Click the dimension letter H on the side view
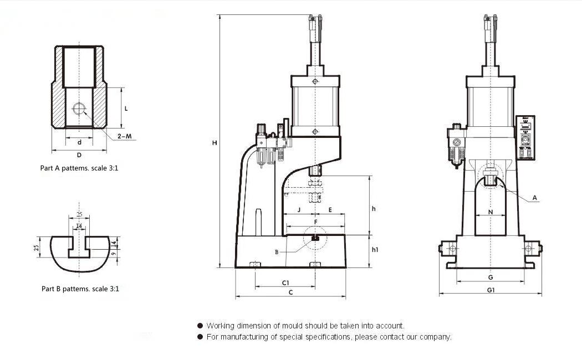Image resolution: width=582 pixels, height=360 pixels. pyautogui.click(x=215, y=143)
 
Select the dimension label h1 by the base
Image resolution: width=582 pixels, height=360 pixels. pyautogui.click(x=375, y=250)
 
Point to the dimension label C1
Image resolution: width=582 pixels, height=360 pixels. pyautogui.click(x=285, y=282)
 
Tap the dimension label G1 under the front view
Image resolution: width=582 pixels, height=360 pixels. pyautogui.click(x=491, y=290)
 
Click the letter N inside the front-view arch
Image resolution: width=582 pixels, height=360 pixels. pyautogui.click(x=491, y=212)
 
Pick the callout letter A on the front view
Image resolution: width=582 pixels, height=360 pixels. pyautogui.click(x=534, y=198)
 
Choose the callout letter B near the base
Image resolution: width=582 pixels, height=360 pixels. pyautogui.click(x=277, y=252)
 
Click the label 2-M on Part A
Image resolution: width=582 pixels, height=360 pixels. pyautogui.click(x=125, y=136)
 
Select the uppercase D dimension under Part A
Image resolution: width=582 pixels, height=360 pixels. pyautogui.click(x=79, y=155)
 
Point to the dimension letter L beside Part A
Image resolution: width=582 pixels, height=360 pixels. pyautogui.click(x=126, y=109)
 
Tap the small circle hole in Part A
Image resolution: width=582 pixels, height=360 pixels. pyautogui.click(x=79, y=107)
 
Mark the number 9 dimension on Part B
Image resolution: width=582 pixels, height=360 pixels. pyautogui.click(x=114, y=254)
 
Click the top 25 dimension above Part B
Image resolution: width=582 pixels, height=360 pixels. pyautogui.click(x=79, y=214)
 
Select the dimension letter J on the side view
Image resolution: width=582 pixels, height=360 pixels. pyautogui.click(x=299, y=210)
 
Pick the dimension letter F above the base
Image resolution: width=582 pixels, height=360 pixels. pyautogui.click(x=315, y=222)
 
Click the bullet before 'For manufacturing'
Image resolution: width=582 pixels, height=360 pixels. pyautogui.click(x=200, y=337)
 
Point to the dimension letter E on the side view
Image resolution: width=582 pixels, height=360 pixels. pyautogui.click(x=330, y=210)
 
